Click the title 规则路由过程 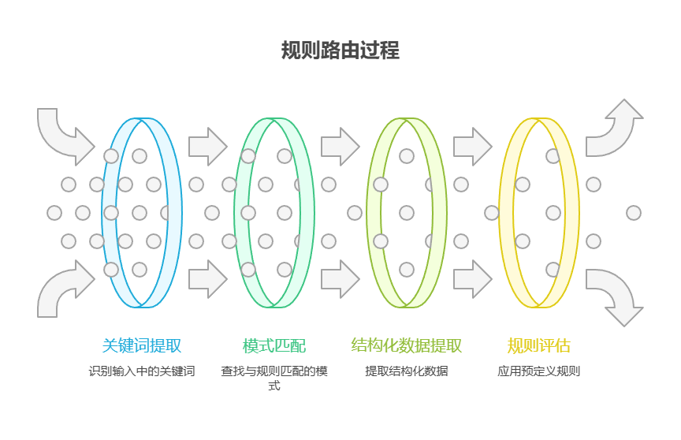point(340,50)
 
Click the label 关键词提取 point(142,346)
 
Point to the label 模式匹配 point(274,346)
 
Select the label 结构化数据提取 point(407,346)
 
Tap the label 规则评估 point(539,346)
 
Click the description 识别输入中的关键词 point(142,371)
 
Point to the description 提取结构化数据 point(407,371)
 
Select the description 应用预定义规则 point(539,371)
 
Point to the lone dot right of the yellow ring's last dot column point(634,213)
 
